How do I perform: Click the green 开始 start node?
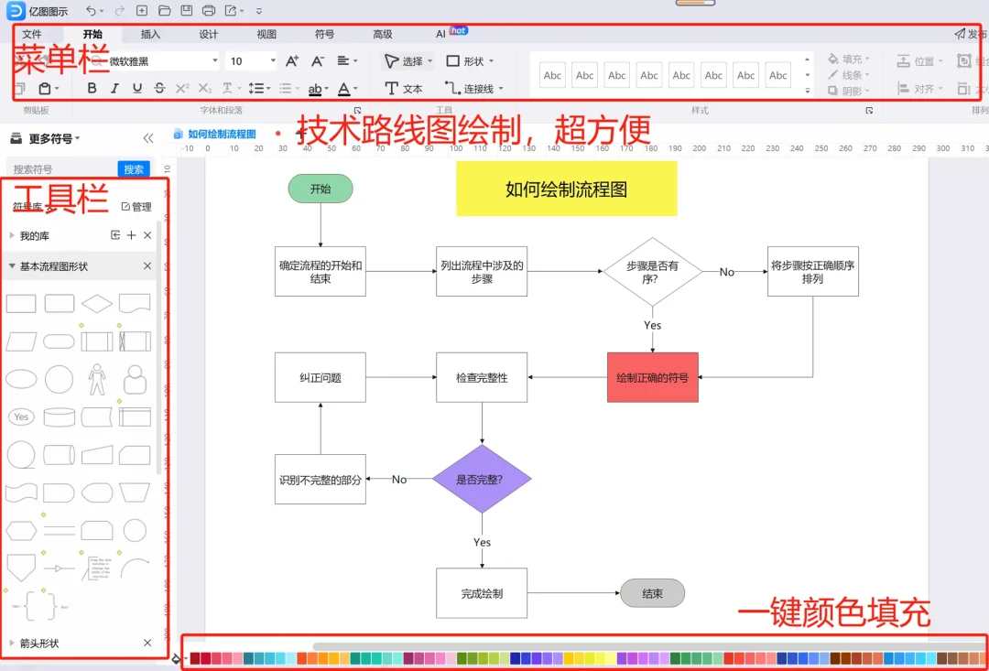point(321,189)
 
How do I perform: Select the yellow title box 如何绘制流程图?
point(566,189)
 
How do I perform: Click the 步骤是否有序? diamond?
point(652,272)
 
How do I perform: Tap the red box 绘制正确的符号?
point(652,377)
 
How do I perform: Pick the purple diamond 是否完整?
point(481,479)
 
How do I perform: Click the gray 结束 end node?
point(652,593)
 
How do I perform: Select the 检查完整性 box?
point(482,377)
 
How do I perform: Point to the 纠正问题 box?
point(321,377)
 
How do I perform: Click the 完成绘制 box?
point(482,593)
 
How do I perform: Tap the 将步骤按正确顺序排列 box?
point(812,272)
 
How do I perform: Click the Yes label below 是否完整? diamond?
point(482,542)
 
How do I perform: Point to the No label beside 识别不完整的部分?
point(399,479)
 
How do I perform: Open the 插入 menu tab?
point(150,34)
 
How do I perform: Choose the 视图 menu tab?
point(266,34)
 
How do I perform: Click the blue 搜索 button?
point(134,169)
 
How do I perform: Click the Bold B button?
point(92,89)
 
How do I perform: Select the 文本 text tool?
point(404,89)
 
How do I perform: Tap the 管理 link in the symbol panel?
point(136,207)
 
